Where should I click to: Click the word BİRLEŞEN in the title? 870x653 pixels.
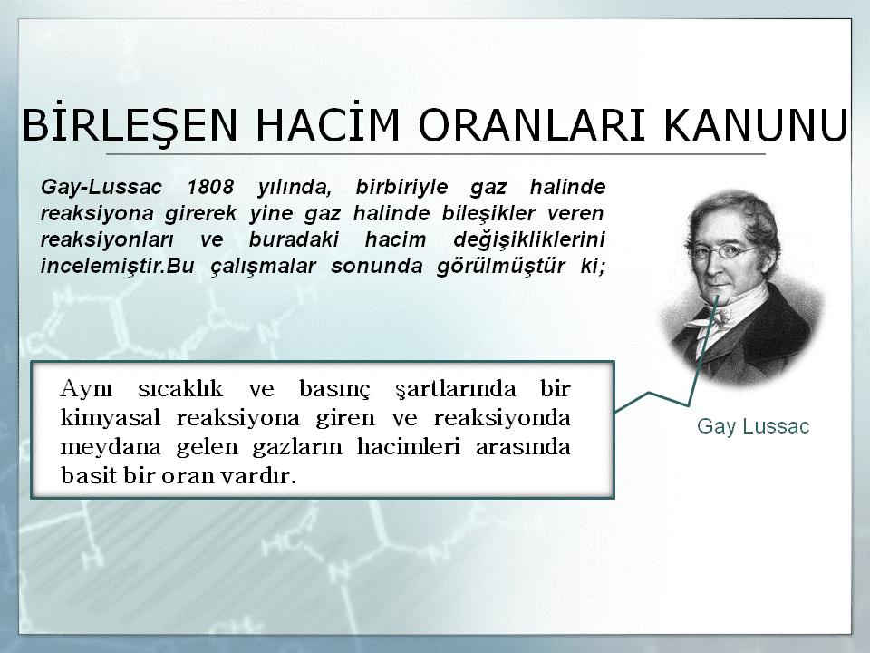(x=130, y=125)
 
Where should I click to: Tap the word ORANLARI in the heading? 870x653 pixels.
(x=532, y=125)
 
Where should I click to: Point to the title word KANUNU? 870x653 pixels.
(x=756, y=125)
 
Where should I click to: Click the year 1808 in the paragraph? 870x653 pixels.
(x=210, y=187)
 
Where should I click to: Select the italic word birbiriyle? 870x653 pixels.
(x=401, y=187)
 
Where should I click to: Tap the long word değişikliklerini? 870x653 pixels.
(x=528, y=239)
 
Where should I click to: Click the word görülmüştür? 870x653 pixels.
(x=500, y=267)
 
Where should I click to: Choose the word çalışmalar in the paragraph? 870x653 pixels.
(x=263, y=267)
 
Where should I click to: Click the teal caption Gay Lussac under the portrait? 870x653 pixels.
(x=753, y=426)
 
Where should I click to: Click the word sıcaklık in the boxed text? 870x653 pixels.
(x=180, y=389)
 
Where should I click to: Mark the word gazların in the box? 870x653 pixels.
(x=297, y=447)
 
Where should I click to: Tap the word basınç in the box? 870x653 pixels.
(x=334, y=390)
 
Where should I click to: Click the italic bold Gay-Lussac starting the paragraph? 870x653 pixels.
(x=101, y=187)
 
